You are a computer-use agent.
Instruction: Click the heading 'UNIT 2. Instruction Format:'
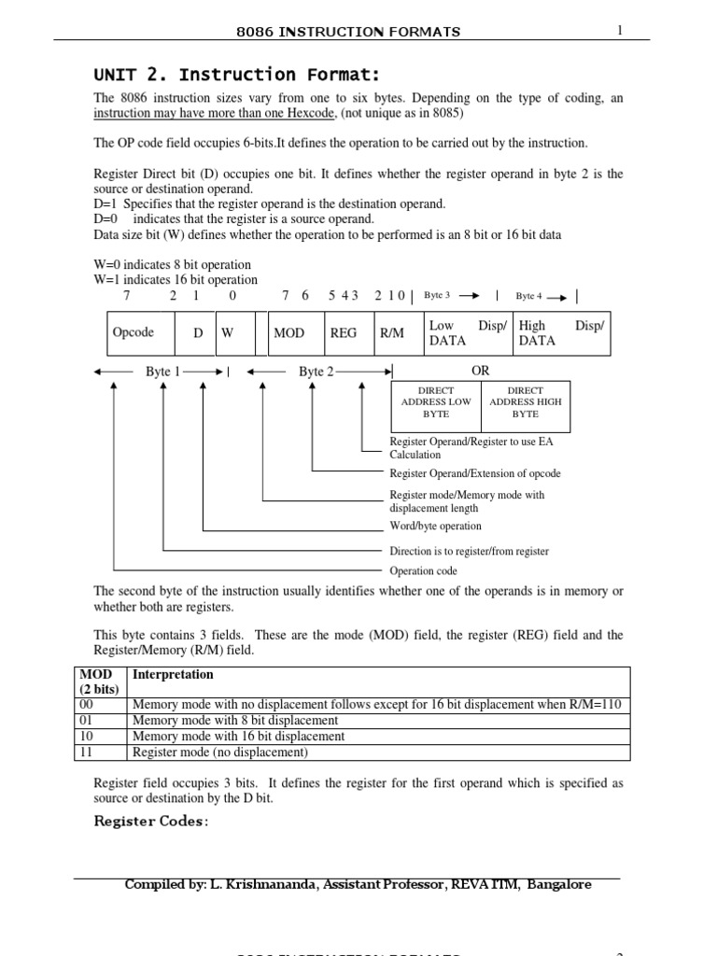[x=224, y=75]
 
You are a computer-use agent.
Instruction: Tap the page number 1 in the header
[x=619, y=31]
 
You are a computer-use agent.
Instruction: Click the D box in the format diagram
[x=198, y=333]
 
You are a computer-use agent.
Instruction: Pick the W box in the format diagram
[x=228, y=333]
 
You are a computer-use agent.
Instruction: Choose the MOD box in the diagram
[x=288, y=333]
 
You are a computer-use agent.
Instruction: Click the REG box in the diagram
[x=344, y=333]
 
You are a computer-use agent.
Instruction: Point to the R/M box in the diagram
[x=392, y=333]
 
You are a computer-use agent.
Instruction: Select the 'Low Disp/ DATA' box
[x=467, y=333]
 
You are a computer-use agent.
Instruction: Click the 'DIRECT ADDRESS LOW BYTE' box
[x=436, y=401]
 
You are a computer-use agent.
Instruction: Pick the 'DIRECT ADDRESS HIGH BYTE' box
[x=526, y=401]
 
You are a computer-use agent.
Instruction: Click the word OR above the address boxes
[x=481, y=371]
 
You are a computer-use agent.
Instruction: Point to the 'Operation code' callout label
[x=425, y=570]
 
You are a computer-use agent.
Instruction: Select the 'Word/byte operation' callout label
[x=436, y=527]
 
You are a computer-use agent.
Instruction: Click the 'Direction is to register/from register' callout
[x=469, y=551]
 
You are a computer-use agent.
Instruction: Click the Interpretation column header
[x=173, y=674]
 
